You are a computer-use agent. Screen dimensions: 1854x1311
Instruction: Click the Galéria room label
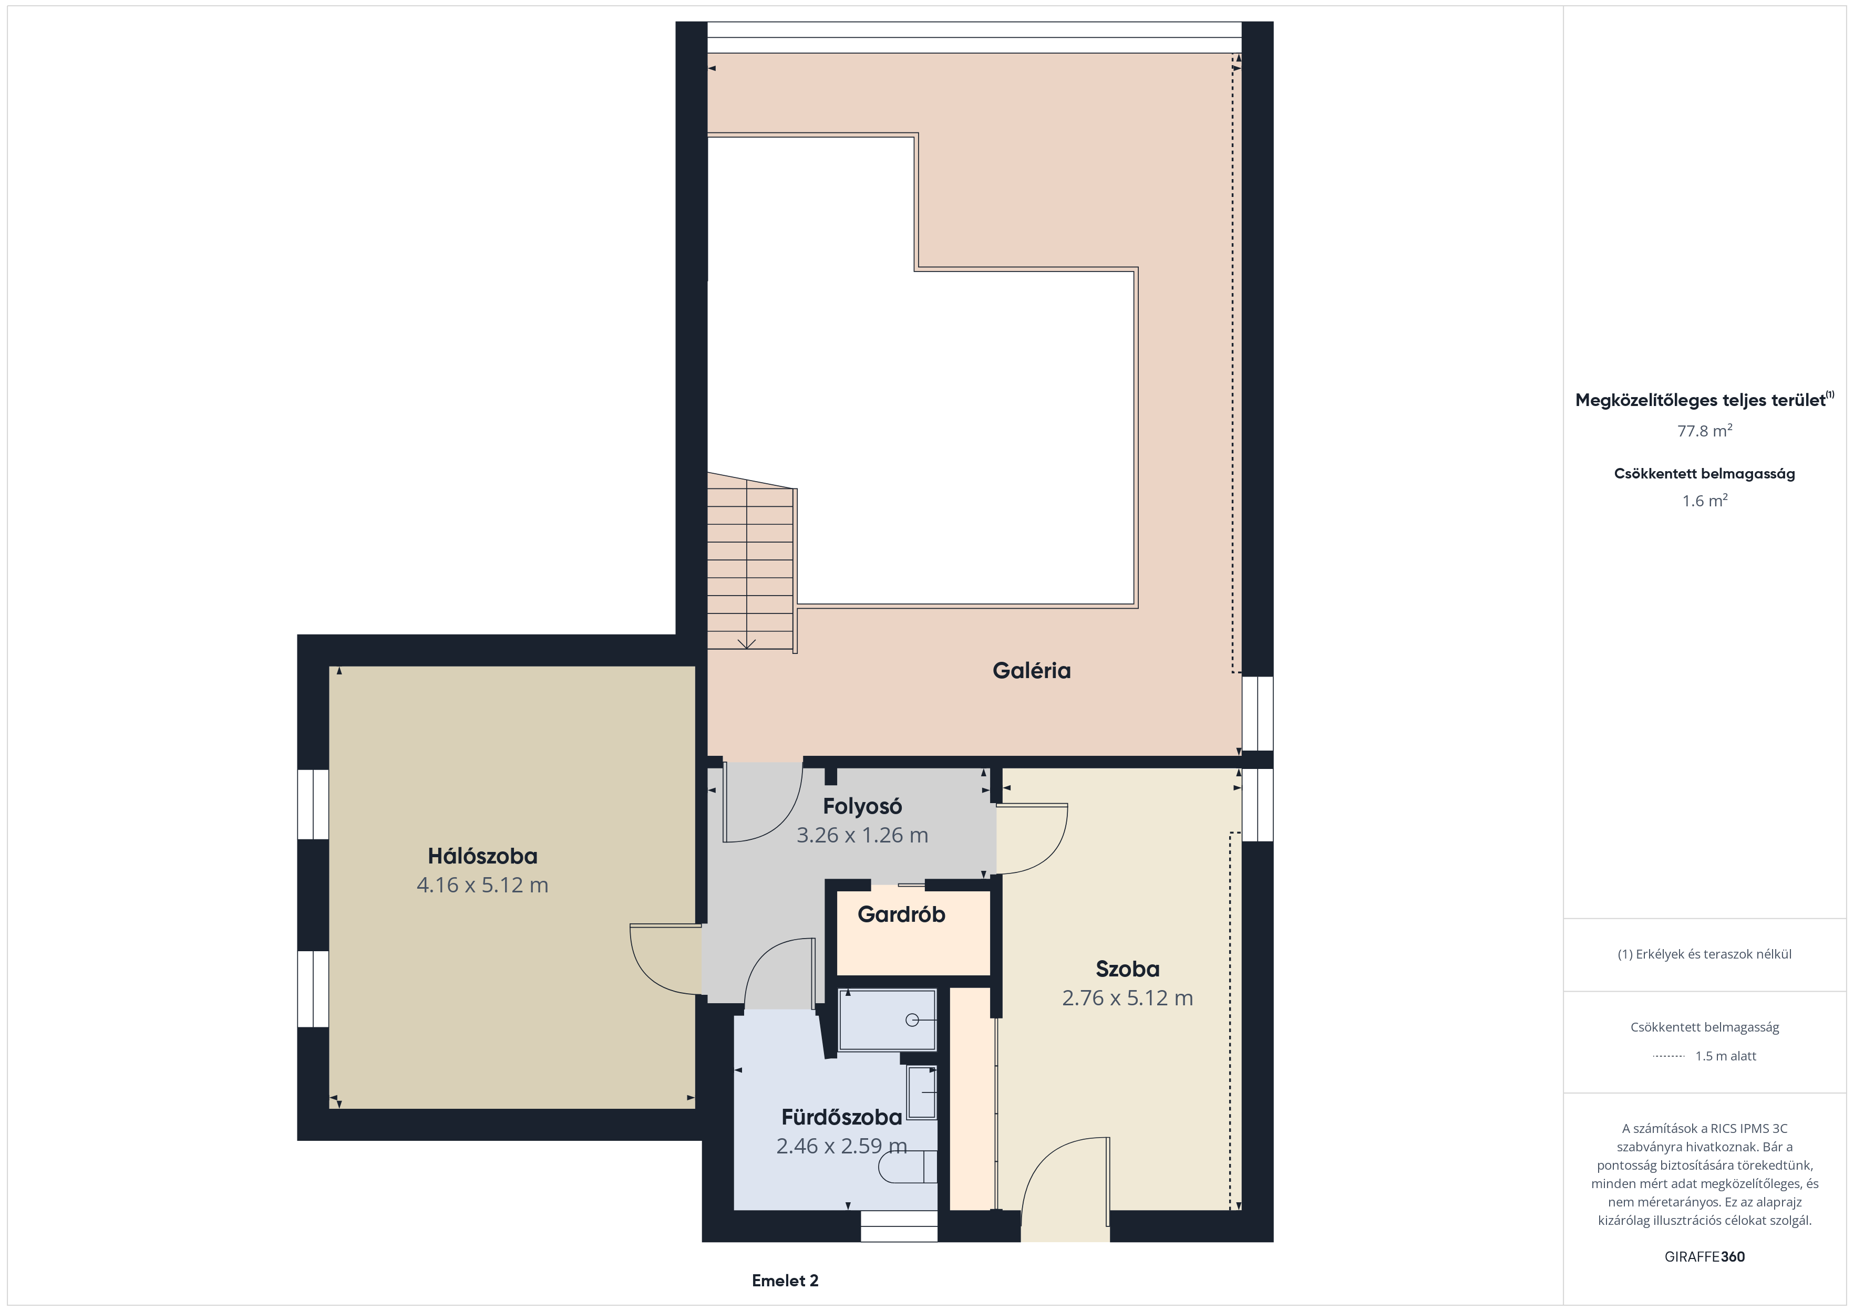click(x=1031, y=670)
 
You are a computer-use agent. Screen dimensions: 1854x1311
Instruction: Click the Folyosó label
click(x=862, y=806)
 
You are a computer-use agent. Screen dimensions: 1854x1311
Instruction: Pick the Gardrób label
click(x=901, y=914)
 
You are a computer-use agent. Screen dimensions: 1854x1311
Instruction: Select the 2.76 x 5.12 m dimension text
click(x=1127, y=998)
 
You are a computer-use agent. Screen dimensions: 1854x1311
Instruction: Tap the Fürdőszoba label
click(x=841, y=1117)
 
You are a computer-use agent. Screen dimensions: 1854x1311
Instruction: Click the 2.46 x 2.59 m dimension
click(x=841, y=1146)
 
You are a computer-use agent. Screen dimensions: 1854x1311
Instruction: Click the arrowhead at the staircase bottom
click(x=747, y=643)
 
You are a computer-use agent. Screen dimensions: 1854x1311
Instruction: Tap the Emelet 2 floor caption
click(x=785, y=1281)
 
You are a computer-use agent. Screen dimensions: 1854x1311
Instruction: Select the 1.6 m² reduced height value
click(x=1705, y=501)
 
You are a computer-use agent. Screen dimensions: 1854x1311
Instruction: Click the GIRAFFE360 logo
click(x=1705, y=1256)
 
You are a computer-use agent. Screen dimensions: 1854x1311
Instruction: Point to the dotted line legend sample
click(x=1668, y=1056)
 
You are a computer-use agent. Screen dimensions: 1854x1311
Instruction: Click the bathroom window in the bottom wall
click(x=899, y=1226)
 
